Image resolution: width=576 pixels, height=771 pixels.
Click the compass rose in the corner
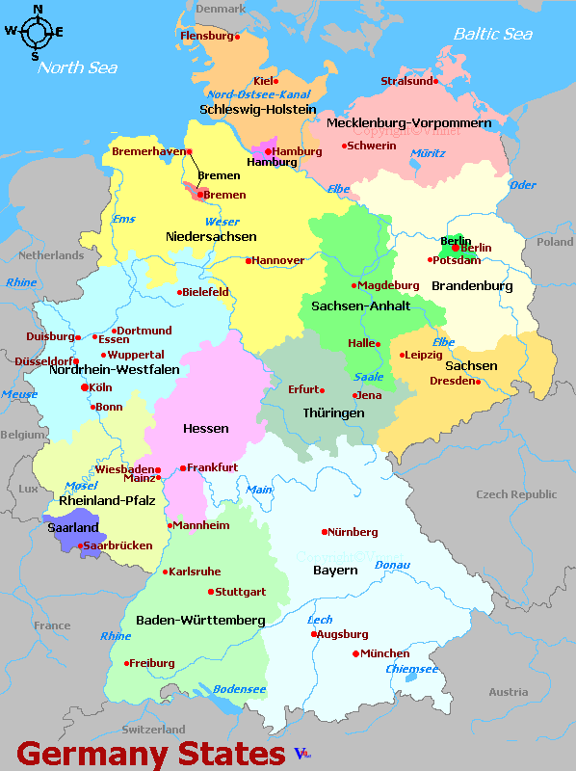click(36, 31)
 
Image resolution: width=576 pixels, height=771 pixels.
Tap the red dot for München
click(355, 653)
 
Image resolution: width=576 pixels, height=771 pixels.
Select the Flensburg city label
click(207, 37)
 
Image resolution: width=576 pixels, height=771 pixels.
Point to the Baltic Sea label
click(492, 34)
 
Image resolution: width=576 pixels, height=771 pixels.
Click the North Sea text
click(77, 67)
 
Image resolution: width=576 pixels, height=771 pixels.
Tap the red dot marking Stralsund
click(435, 82)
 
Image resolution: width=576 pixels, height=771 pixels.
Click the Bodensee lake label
click(239, 689)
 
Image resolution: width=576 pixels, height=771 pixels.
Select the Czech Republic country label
click(516, 494)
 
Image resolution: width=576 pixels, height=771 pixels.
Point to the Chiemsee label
click(411, 669)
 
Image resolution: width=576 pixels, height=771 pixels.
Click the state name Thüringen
click(333, 412)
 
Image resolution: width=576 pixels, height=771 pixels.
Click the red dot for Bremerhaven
click(190, 151)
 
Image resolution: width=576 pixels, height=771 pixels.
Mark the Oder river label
click(522, 185)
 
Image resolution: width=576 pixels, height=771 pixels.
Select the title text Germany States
click(150, 753)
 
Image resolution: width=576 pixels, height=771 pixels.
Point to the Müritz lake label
click(428, 153)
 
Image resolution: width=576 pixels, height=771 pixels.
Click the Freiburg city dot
click(127, 663)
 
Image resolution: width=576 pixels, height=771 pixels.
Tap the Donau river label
click(392, 565)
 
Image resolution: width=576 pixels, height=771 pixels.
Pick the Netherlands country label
click(51, 255)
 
